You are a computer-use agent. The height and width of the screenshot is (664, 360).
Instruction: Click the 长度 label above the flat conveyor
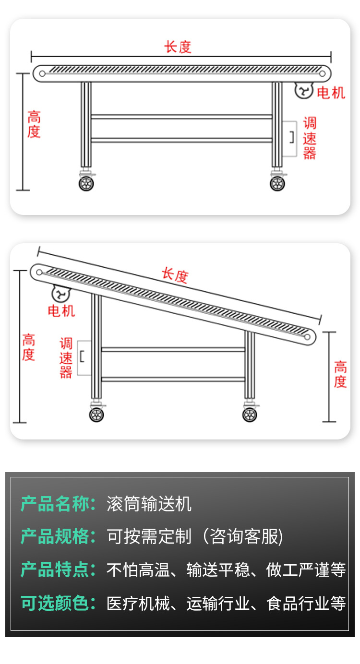[x=178, y=47]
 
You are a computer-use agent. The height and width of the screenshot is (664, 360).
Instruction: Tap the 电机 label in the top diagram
[x=331, y=93]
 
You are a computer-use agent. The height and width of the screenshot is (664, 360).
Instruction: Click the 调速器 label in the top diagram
[x=310, y=138]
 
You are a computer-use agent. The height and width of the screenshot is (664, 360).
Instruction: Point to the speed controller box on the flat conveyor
[x=289, y=138]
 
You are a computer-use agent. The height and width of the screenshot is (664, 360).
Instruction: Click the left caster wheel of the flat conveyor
[x=87, y=183]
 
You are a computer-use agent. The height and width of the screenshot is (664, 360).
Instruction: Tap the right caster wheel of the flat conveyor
[x=277, y=183]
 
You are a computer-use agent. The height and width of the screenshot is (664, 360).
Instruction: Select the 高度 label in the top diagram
[x=34, y=124]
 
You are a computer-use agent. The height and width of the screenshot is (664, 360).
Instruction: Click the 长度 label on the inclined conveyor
[x=175, y=275]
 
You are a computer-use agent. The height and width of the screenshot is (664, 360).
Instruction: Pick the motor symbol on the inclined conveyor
[x=61, y=293]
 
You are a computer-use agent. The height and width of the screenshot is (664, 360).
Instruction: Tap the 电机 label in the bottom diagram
[x=61, y=310]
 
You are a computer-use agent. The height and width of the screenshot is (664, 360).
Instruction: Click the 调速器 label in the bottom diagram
[x=66, y=358]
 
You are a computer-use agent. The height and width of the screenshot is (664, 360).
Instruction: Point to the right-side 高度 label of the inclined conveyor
[x=340, y=375]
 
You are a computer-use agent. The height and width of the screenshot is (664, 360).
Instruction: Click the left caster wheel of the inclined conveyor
[x=96, y=415]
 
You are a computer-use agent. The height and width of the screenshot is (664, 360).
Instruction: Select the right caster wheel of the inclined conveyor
[x=250, y=415]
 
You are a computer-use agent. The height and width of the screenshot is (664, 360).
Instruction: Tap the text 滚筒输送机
[x=149, y=504]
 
